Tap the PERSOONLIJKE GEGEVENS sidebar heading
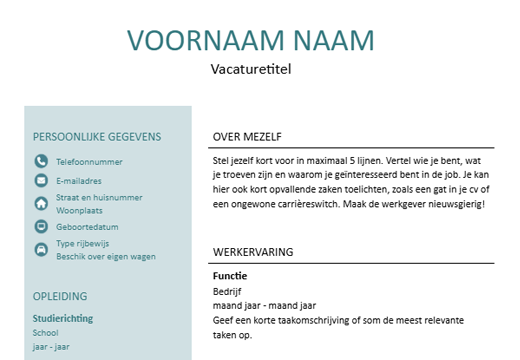[x=97, y=137]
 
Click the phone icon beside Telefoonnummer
[x=41, y=161]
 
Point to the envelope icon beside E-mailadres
[x=41, y=181]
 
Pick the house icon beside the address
[x=41, y=203]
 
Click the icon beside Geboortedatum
[x=41, y=227]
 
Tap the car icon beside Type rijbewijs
[x=41, y=249]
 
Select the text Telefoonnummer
[x=89, y=161]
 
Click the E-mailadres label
[x=79, y=181]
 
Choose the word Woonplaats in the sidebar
[x=80, y=211]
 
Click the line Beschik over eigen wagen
[x=106, y=256]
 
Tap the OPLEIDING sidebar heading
[x=60, y=296]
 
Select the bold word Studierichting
[x=63, y=318]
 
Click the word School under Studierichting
[x=46, y=333]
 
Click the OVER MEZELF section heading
[x=248, y=137]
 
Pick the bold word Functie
[x=230, y=275]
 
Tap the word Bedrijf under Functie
[x=228, y=292]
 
